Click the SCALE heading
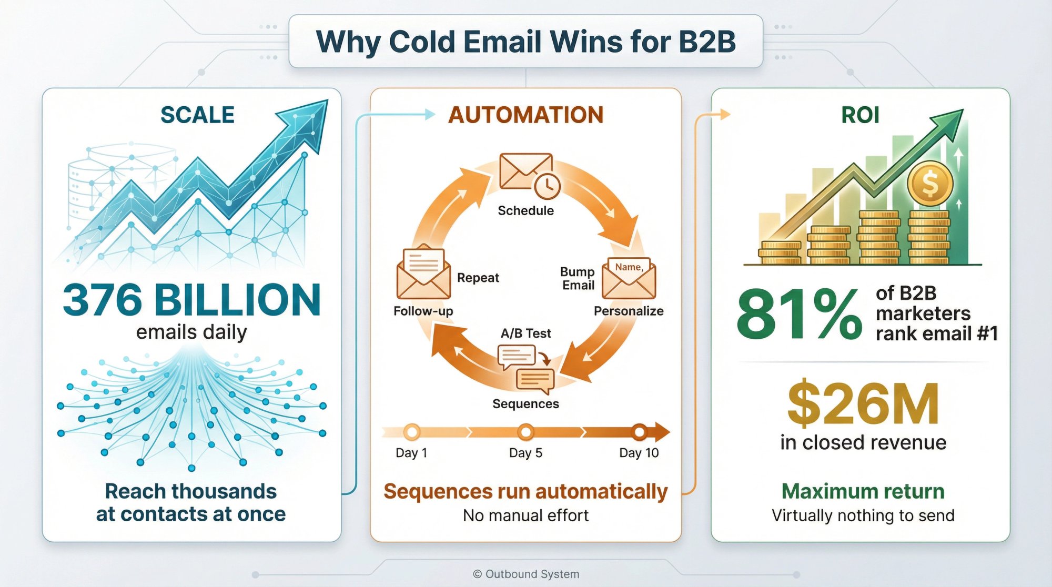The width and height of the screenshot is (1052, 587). tap(197, 115)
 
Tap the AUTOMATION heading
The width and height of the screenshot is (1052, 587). tap(525, 115)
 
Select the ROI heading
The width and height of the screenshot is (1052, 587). tap(860, 115)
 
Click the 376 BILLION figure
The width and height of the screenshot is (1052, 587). tap(192, 300)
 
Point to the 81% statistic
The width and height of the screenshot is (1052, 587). tap(798, 314)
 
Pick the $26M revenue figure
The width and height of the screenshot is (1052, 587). tap(863, 404)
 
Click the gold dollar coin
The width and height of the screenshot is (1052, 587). tap(930, 184)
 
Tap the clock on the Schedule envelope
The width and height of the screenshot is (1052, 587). tap(547, 186)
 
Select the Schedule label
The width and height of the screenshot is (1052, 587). tap(525, 210)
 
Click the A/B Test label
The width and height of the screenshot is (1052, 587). tap(525, 333)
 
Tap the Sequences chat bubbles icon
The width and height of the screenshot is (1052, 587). tap(526, 369)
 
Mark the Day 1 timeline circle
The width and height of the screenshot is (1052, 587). tap(412, 432)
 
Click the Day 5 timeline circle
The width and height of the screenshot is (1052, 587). tap(525, 432)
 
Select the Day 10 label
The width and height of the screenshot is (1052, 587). tap(639, 453)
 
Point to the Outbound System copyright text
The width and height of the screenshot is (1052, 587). tap(526, 574)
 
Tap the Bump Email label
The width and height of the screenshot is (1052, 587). tap(578, 279)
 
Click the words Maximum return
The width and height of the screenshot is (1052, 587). tap(863, 491)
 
